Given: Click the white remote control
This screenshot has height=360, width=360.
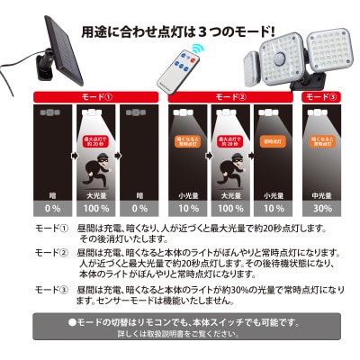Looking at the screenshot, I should (x=180, y=67).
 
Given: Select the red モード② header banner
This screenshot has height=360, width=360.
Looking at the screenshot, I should (x=232, y=94).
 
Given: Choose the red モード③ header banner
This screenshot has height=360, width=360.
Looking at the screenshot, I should (x=321, y=94).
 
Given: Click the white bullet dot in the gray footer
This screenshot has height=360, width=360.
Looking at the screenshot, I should (x=73, y=322).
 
